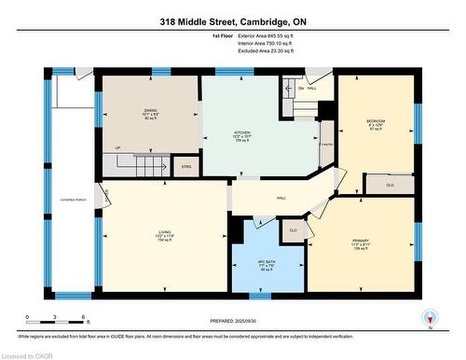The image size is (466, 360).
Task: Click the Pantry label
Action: click(x=326, y=144)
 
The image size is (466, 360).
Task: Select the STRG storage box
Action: click(x=185, y=168)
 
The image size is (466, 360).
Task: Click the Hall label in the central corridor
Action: click(x=281, y=199)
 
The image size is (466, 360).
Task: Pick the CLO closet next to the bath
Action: click(x=293, y=229)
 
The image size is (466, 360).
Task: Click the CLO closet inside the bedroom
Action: click(x=390, y=185)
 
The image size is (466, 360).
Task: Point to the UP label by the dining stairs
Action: click(x=117, y=148)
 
